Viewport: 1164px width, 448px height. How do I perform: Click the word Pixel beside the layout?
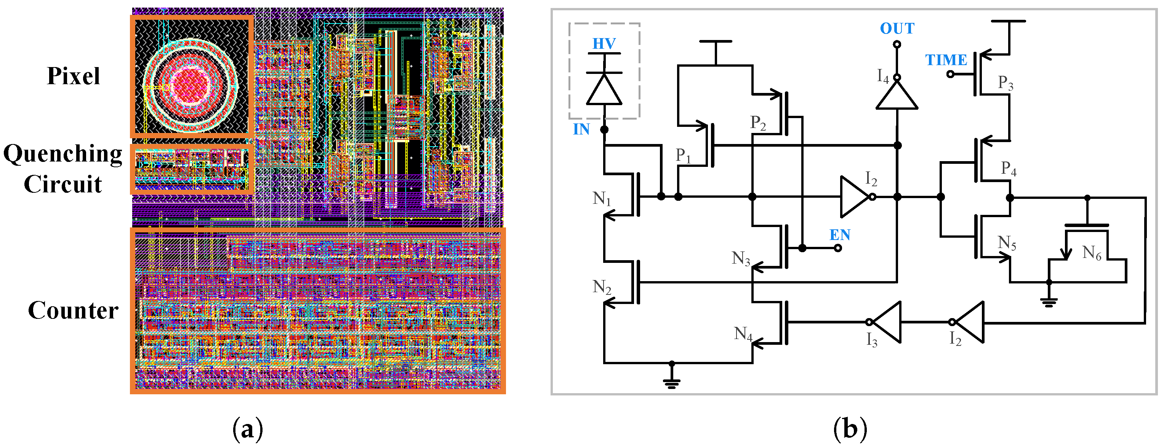[73, 76]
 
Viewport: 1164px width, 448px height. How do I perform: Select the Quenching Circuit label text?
[63, 168]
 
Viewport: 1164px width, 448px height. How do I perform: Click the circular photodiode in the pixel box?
[190, 85]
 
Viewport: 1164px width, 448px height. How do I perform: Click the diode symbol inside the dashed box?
[604, 88]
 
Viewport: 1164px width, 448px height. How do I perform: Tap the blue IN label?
[581, 130]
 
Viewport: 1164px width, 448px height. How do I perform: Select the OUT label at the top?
[897, 29]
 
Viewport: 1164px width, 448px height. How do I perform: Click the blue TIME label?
[946, 60]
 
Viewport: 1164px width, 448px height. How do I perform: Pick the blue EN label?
[839, 235]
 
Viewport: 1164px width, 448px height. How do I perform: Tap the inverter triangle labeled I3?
[885, 322]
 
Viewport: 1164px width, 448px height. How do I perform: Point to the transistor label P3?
[1005, 83]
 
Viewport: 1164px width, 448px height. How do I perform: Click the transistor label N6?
[1092, 253]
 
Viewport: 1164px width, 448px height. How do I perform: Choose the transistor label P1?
[683, 156]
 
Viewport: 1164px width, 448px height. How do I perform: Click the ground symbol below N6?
[1048, 302]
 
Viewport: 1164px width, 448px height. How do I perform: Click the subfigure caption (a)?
[248, 429]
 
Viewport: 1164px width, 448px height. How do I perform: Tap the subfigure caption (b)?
[850, 429]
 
